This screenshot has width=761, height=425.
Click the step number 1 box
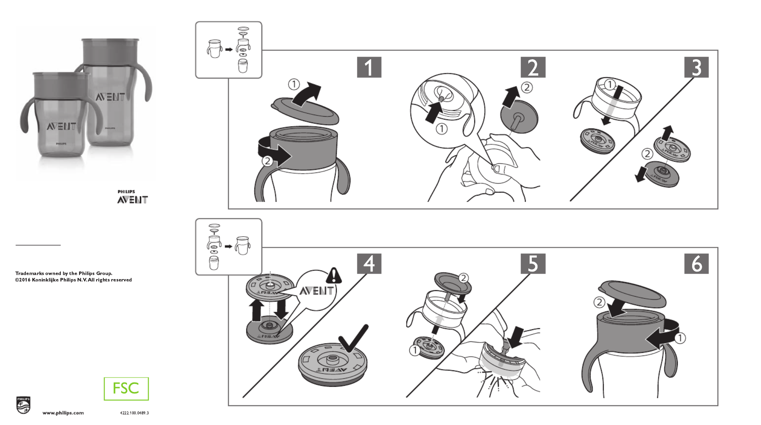[369, 67]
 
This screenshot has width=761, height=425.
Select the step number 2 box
[533, 67]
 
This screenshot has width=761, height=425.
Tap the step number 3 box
[696, 67]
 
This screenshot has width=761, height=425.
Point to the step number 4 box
[369, 264]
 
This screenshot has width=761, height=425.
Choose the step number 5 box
[533, 264]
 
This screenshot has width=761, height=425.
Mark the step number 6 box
[696, 264]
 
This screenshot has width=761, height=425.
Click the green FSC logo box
[126, 389]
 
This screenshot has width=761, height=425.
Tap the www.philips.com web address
[63, 413]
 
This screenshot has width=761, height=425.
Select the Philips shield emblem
[23, 405]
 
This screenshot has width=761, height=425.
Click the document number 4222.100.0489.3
[134, 413]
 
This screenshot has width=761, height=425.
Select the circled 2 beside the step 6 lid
[599, 302]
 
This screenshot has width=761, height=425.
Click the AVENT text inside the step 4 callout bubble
[316, 291]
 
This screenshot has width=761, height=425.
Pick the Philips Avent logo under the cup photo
[132, 197]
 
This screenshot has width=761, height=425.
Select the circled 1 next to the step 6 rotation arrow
[680, 338]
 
